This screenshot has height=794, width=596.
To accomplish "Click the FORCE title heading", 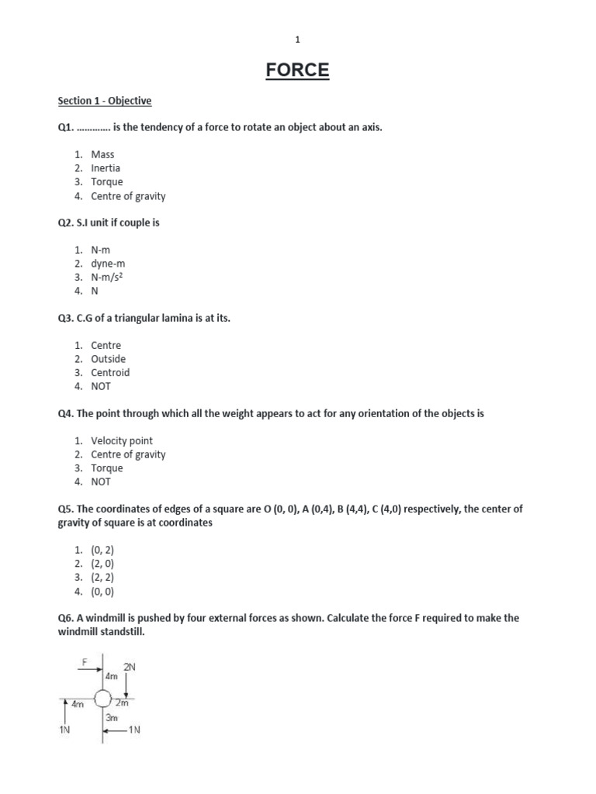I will click(x=297, y=71).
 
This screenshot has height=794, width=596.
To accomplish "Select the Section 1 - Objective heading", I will click(x=105, y=101).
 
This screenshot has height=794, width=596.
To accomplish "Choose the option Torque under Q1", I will click(x=106, y=182).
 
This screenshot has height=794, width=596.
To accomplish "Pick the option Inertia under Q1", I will click(x=106, y=168).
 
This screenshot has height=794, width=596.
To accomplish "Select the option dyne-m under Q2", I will click(x=108, y=264).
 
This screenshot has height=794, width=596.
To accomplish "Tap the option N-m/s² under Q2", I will click(x=110, y=278).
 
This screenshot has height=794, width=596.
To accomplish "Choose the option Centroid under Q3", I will click(x=110, y=372).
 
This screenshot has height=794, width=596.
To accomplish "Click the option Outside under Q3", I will click(x=108, y=359).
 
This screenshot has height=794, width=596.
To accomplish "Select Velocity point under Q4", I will click(x=122, y=440).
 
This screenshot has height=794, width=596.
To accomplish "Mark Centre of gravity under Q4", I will click(x=128, y=454).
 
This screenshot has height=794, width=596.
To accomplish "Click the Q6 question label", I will click(x=68, y=618).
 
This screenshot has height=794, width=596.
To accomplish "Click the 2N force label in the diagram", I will click(x=130, y=666).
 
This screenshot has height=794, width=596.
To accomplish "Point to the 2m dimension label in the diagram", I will click(x=123, y=703).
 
